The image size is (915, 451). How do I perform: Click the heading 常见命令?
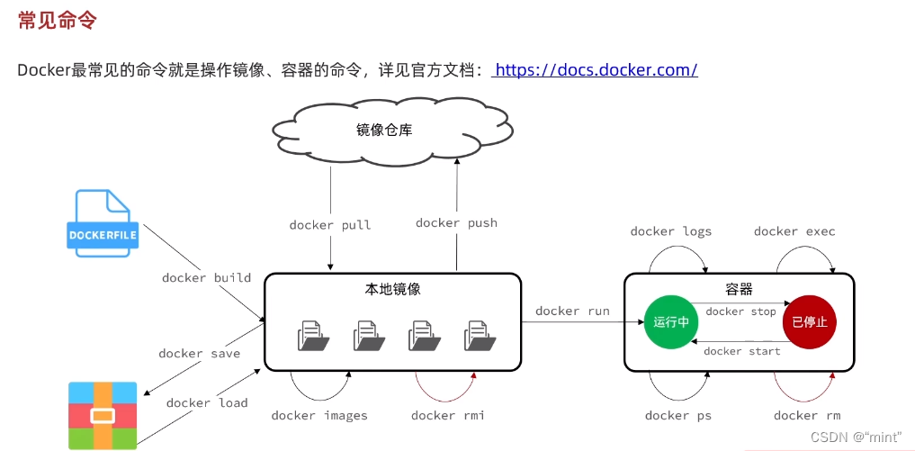(58, 21)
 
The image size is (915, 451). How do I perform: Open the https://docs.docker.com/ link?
(596, 69)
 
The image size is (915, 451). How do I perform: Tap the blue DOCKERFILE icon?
(103, 224)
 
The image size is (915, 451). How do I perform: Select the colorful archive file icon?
(103, 415)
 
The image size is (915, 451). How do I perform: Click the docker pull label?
(330, 224)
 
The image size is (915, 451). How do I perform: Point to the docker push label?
(456, 222)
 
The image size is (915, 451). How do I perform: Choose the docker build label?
(206, 277)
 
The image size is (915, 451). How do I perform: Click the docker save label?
(200, 353)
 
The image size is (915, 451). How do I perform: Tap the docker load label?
(207, 402)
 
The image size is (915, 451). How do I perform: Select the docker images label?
(319, 415)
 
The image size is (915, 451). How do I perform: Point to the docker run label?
(572, 311)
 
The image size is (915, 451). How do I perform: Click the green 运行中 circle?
(671, 320)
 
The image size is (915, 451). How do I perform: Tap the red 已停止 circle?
(809, 320)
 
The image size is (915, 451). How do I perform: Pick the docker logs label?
(671, 231)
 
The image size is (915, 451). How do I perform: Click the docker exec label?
(794, 231)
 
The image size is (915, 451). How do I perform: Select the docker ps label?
(678, 415)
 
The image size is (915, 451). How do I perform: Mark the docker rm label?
(807, 415)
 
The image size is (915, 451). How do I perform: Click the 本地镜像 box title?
(392, 289)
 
